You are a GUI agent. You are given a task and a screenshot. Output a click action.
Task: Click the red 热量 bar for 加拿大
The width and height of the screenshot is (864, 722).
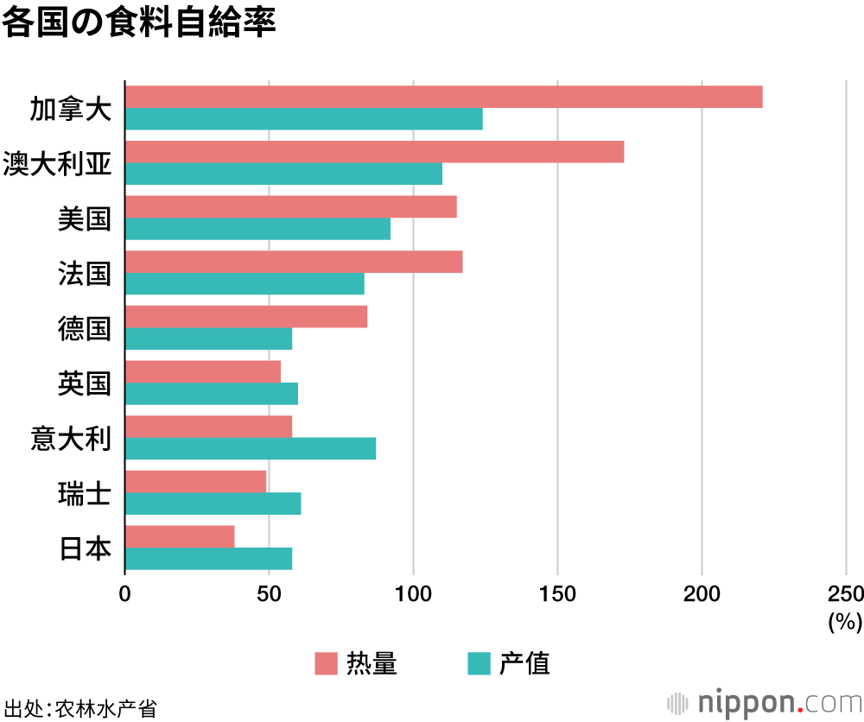[x=443, y=97]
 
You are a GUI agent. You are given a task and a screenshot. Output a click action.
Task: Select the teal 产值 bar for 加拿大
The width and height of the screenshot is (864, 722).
[x=303, y=119]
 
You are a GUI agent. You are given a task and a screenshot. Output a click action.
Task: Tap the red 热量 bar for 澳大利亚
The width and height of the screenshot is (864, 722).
[x=374, y=152]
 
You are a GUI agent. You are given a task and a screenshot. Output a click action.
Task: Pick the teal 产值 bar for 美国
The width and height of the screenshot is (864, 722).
[x=257, y=229]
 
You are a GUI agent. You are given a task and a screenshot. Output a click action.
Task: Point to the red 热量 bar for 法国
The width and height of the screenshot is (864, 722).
[x=294, y=262]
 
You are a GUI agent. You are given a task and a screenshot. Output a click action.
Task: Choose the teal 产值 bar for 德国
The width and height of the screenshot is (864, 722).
[x=208, y=339]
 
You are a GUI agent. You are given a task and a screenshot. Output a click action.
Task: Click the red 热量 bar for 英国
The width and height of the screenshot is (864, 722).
[x=203, y=371]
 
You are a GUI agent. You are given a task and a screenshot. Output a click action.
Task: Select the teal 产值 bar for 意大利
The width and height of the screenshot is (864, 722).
[x=251, y=448]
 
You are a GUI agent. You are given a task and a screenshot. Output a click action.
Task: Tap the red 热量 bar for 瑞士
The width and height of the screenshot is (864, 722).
[x=195, y=481]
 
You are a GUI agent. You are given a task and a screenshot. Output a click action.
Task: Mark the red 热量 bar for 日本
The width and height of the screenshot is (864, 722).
[x=180, y=536]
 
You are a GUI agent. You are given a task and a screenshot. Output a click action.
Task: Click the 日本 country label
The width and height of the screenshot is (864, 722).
[x=85, y=548]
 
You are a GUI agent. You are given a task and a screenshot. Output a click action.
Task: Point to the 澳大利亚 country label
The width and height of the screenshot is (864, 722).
[x=57, y=163]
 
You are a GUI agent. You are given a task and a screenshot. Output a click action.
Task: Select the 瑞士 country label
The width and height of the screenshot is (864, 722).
[x=85, y=493]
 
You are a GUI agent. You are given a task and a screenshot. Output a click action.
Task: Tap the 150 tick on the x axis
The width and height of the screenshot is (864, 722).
[x=557, y=594]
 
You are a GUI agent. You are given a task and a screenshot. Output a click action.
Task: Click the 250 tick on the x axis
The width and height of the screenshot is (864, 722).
[x=845, y=594]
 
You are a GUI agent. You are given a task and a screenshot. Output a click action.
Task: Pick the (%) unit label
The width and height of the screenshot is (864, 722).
[x=845, y=621]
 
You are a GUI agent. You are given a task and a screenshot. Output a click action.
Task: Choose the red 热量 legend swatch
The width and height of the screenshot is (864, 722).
[x=325, y=663]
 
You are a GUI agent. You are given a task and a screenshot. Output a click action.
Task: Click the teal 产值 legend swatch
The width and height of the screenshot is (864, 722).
[x=479, y=663]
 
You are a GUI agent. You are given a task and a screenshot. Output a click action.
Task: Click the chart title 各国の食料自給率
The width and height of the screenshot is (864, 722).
[x=138, y=22]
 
